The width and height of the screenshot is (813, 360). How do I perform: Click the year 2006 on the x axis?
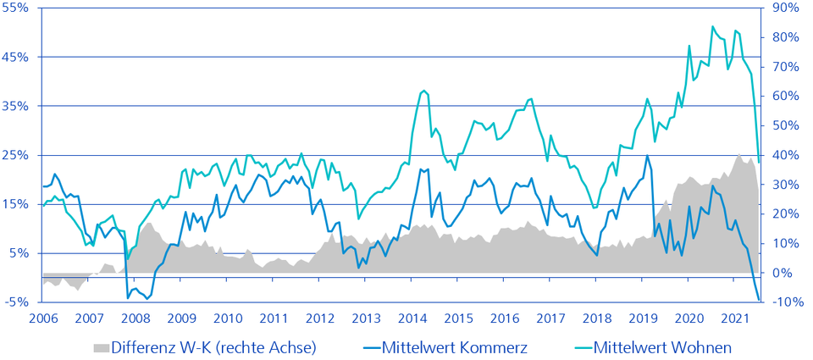(43, 318)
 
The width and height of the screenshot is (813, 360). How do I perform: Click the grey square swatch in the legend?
(101, 348)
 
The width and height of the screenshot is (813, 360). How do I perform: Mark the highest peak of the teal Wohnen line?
(712, 26)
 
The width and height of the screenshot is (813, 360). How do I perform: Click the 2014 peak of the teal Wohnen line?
(423, 90)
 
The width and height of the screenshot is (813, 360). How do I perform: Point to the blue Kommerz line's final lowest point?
(759, 299)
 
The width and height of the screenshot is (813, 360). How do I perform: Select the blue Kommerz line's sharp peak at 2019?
(648, 156)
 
